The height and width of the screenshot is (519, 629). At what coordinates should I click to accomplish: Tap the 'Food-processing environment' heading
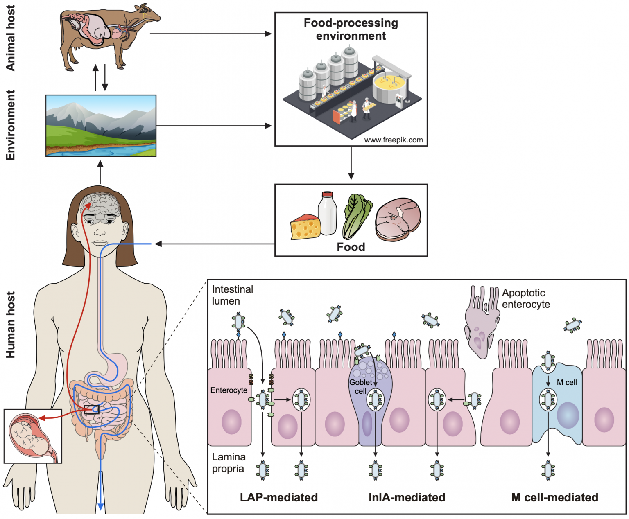click(351, 29)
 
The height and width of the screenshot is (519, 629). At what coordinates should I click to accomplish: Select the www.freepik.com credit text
click(393, 140)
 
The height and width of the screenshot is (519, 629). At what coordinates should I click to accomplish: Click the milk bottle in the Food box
click(327, 214)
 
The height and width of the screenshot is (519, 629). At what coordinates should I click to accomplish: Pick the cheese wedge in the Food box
click(305, 227)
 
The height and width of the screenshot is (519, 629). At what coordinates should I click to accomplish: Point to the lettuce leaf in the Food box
click(356, 216)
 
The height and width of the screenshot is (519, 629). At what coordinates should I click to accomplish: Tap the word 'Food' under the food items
click(351, 247)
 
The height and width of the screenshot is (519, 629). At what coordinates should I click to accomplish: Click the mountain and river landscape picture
click(101, 126)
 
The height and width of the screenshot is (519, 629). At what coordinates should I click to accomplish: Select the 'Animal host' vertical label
click(10, 38)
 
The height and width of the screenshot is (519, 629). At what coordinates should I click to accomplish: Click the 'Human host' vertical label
click(10, 325)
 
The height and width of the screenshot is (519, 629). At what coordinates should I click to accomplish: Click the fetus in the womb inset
click(29, 436)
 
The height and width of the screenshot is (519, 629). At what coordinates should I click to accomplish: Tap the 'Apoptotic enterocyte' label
click(526, 298)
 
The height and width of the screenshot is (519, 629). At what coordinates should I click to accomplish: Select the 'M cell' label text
click(567, 382)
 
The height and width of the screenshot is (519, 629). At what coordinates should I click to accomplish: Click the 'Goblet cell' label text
click(360, 386)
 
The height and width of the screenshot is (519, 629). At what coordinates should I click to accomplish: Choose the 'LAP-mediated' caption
click(278, 497)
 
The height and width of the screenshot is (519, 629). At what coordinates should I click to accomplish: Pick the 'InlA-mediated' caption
click(407, 497)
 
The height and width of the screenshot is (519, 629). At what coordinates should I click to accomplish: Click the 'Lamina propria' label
click(229, 463)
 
